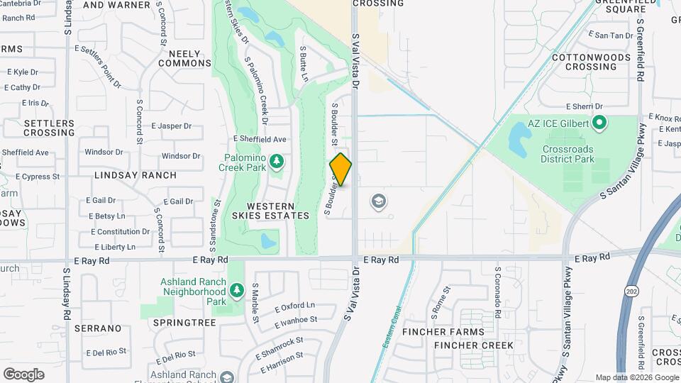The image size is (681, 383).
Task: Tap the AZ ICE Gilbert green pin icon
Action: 599,123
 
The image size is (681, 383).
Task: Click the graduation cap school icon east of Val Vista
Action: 380,202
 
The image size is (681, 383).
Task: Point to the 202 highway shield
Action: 630,290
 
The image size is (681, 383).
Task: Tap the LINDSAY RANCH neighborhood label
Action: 135,174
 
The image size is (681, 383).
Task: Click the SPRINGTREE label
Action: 184,322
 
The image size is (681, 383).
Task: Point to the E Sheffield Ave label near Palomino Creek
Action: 260,140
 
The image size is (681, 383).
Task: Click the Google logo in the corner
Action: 23,374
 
